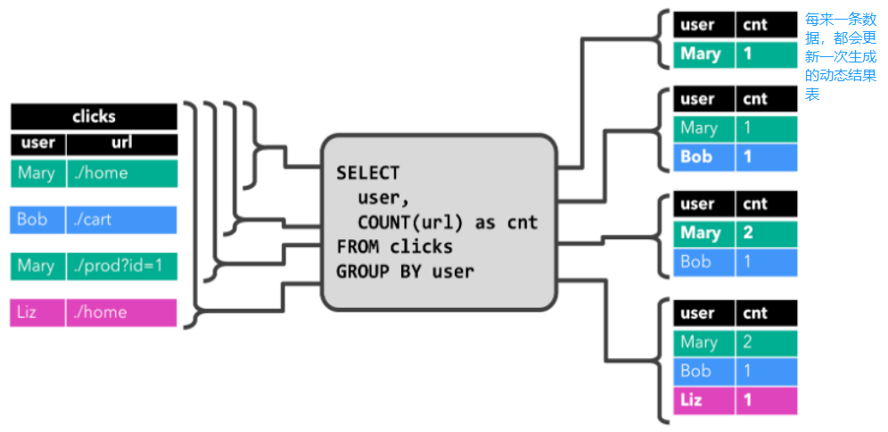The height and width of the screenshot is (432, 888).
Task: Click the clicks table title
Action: pyautogui.click(x=94, y=117)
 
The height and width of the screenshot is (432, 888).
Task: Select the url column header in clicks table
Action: pyautogui.click(x=121, y=143)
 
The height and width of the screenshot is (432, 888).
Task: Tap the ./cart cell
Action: pyautogui.click(x=121, y=220)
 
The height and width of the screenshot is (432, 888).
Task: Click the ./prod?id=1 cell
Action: pyautogui.click(x=121, y=266)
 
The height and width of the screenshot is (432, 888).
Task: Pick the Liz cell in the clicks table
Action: pyautogui.click(x=37, y=312)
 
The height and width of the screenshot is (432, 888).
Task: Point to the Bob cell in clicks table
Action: pyautogui.click(x=37, y=220)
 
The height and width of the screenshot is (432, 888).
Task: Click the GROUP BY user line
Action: pyautogui.click(x=405, y=270)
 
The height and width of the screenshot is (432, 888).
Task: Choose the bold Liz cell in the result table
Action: pyautogui.click(x=703, y=401)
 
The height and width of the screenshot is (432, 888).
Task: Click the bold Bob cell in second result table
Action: pyautogui.click(x=703, y=157)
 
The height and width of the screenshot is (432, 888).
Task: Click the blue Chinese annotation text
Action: pyautogui.click(x=841, y=56)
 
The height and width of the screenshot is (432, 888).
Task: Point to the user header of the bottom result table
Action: pyautogui.click(x=703, y=313)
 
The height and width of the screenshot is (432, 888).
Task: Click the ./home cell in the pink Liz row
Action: pyautogui.click(x=121, y=312)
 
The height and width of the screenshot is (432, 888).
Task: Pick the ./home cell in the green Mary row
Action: pyautogui.click(x=121, y=173)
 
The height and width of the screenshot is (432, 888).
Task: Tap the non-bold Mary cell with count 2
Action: pyautogui.click(x=703, y=342)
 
